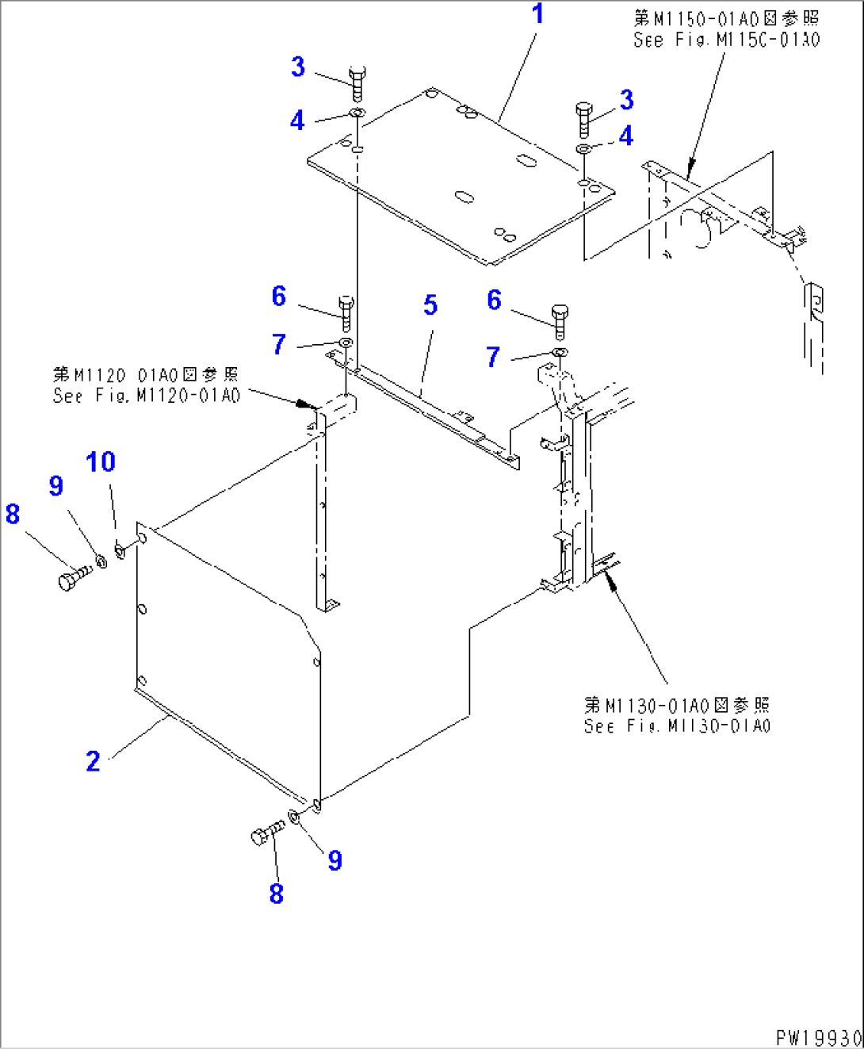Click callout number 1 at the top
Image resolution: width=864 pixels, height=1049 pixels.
538,14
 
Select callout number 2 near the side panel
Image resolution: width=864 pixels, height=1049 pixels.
93,761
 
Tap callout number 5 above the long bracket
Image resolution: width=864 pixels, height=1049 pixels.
430,304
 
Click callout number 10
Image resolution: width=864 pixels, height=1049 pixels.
101,461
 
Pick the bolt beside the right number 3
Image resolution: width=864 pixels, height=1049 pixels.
584,119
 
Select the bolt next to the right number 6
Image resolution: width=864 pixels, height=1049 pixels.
560,320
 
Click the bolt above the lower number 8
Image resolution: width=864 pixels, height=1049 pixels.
266,833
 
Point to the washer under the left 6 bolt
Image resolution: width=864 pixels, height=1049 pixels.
346,343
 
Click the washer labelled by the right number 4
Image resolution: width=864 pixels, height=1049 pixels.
583,149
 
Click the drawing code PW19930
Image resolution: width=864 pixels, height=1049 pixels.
817,1037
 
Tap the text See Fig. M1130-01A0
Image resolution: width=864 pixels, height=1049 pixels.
677,726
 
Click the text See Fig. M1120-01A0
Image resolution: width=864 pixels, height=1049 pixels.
146,396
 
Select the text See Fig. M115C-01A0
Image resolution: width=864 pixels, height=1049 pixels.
726,40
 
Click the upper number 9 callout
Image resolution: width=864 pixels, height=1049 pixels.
55,485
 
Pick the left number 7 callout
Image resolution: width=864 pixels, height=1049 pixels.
279,344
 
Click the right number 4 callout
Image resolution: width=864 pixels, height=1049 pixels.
626,136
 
